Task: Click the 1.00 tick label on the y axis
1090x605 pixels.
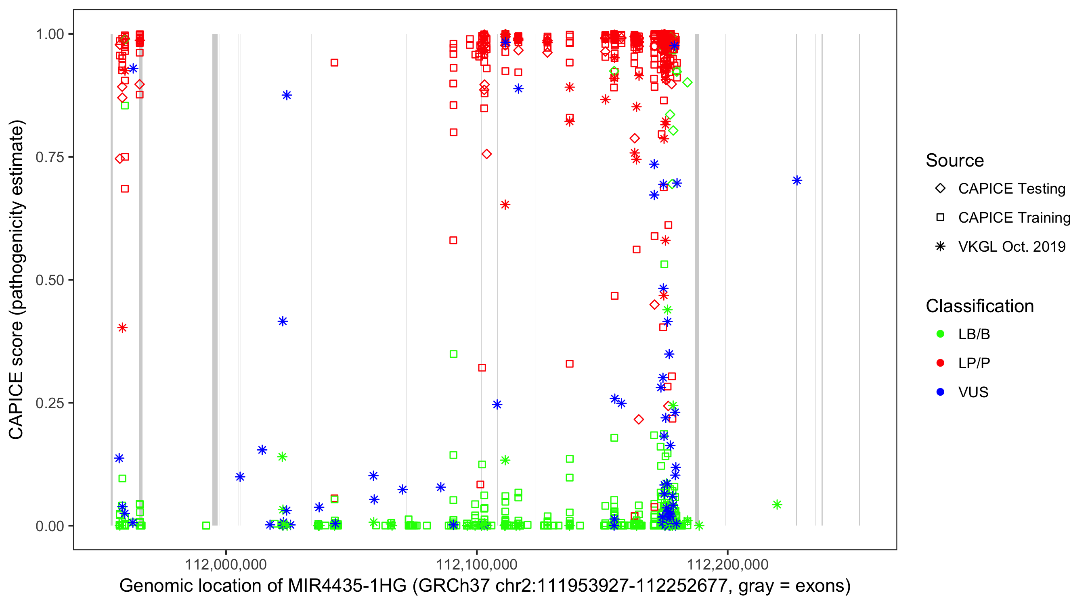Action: point(50,34)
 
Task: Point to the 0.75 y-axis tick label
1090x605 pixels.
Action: point(50,157)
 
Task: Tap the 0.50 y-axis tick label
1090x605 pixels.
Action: point(50,280)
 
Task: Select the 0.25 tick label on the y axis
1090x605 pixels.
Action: point(50,403)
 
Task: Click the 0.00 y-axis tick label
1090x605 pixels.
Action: point(50,526)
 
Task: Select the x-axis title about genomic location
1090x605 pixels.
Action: point(485,586)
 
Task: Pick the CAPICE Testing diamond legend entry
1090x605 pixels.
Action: point(940,189)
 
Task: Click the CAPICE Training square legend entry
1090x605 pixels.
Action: point(940,218)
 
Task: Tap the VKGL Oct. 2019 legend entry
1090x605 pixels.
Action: point(940,246)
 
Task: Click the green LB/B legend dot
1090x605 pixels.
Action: point(940,334)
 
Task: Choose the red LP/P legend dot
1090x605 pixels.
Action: point(940,363)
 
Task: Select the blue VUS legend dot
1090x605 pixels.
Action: point(940,392)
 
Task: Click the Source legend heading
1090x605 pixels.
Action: point(955,161)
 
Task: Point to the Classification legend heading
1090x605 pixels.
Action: point(979,306)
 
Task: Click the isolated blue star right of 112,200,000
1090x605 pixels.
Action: point(797,181)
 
